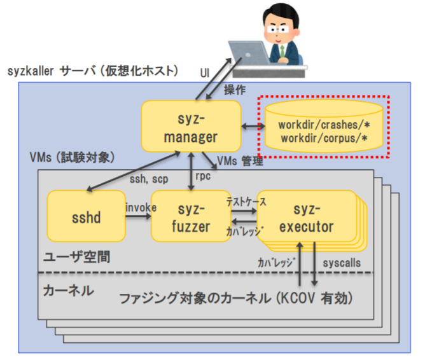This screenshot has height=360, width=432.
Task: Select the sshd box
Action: (x=86, y=218)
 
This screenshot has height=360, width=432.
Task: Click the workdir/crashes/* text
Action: (x=323, y=123)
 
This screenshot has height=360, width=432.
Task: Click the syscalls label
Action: (x=341, y=263)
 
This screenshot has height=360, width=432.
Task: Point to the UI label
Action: (x=205, y=74)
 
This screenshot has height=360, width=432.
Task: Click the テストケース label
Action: (x=246, y=200)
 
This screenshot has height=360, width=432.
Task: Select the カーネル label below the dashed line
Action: (x=68, y=291)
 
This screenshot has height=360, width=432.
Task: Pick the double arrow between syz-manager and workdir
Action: (x=253, y=128)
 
